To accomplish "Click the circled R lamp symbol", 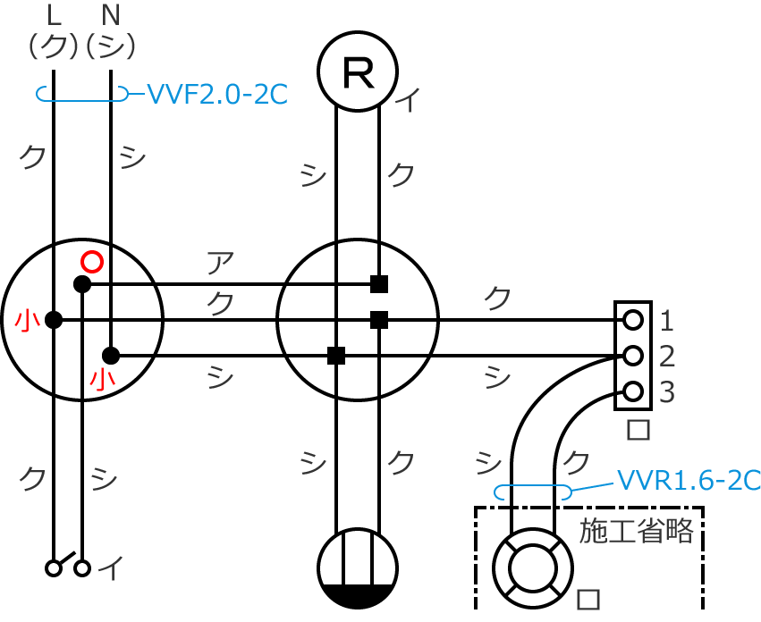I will point(358,71).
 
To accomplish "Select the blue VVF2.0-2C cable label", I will point(216,93).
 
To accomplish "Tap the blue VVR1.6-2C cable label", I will point(689,480).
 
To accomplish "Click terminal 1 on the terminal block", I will point(633,319).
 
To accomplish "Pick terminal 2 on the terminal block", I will point(633,356).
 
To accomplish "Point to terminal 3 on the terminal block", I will point(633,391).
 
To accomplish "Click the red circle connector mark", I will point(90,261).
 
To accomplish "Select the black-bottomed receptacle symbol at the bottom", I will point(358,569).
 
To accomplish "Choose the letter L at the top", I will point(53,14).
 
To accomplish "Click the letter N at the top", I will point(110,14).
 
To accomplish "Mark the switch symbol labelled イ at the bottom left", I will point(69,567).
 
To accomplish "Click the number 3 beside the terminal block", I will point(667,392).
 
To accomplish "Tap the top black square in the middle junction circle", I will point(379,284).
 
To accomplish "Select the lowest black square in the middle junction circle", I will point(336,356).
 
